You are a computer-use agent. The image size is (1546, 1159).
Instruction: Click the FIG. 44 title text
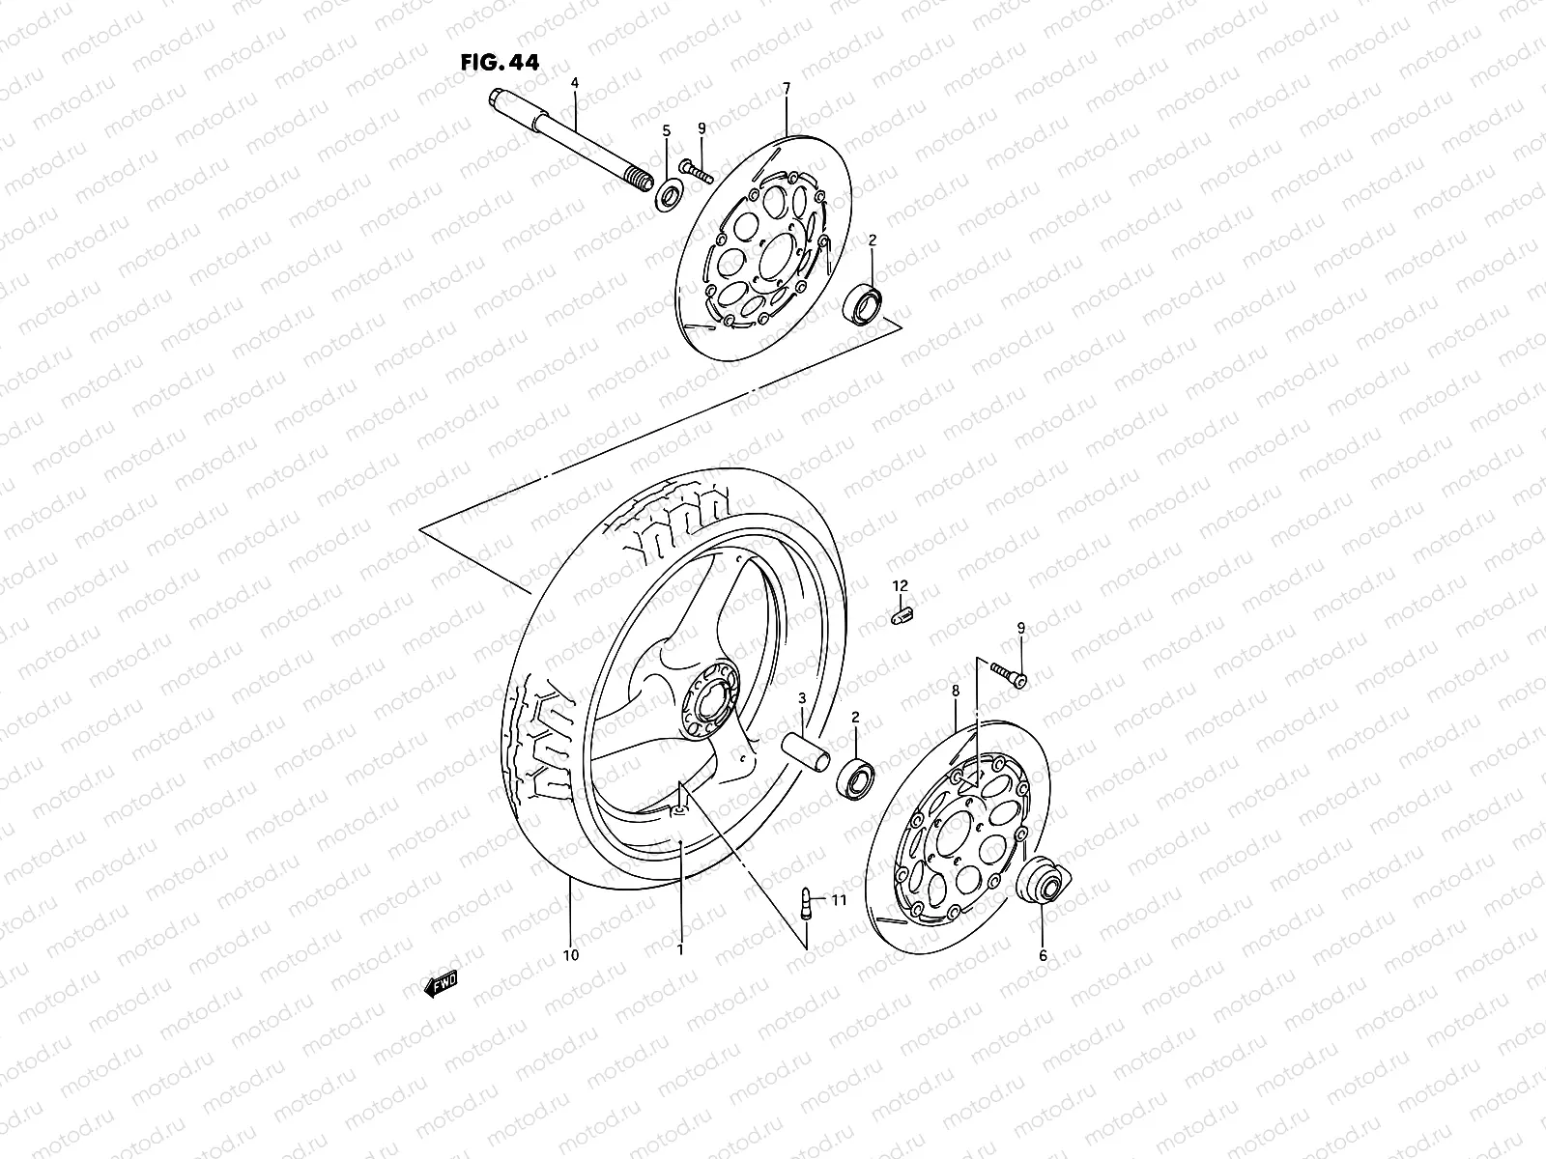(499, 63)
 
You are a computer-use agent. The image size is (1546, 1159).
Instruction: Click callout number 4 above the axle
(574, 84)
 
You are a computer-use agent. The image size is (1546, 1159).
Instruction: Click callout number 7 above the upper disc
(786, 88)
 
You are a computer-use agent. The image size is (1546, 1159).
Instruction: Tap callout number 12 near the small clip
(900, 586)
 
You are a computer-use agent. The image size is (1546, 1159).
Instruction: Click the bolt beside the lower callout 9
(1009, 675)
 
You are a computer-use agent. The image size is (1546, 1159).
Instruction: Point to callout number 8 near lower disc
(955, 692)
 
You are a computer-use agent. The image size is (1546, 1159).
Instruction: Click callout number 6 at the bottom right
(1043, 956)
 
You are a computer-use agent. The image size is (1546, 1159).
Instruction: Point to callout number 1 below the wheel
(680, 950)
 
